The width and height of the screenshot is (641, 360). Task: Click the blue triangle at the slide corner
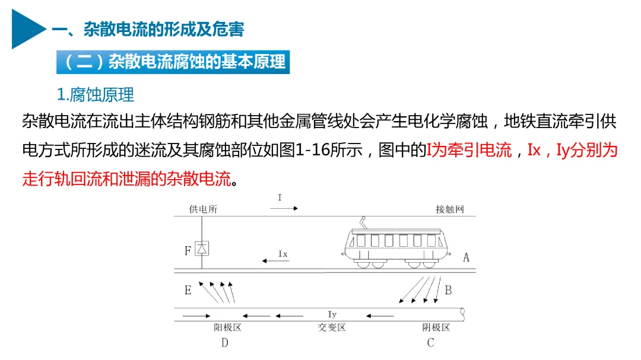click(27, 28)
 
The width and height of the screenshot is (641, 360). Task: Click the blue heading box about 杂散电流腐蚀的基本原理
click(173, 62)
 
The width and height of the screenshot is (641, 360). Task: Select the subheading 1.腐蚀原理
click(95, 94)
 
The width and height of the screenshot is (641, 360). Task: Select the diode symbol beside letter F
click(202, 249)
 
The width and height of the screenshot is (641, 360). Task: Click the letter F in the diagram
click(188, 250)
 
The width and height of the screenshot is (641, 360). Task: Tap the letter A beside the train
click(466, 257)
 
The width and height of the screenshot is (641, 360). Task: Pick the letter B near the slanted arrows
click(448, 290)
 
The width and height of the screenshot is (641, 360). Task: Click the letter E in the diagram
click(188, 290)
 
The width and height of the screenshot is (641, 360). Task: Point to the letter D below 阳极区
click(224, 343)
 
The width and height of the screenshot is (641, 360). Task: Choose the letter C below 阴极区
click(430, 343)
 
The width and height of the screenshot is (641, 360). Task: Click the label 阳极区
click(227, 327)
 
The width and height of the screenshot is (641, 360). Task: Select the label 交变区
click(331, 327)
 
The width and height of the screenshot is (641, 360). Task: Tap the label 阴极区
click(436, 327)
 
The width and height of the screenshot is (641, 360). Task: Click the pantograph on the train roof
click(363, 224)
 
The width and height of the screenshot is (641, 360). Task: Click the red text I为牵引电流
click(469, 150)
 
